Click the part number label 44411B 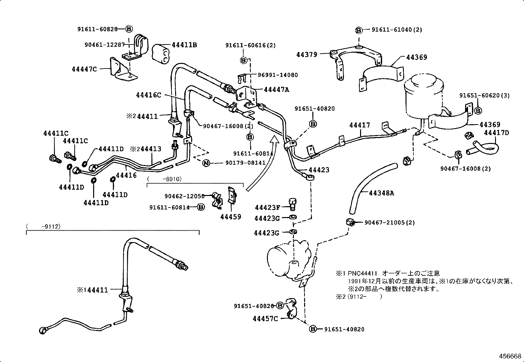pos(184,45)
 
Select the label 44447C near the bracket pos(84,69)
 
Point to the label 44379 pos(307,55)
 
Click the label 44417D pos(496,133)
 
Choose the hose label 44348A pos(381,193)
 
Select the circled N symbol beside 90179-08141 pos(206,163)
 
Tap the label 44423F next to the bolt pos(267,208)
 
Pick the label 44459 pos(231,217)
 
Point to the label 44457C pos(265,319)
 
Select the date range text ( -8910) pos(164,179)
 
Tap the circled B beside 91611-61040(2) pos(359,30)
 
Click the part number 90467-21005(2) pos(389,223)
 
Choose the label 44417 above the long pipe pos(359,125)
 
